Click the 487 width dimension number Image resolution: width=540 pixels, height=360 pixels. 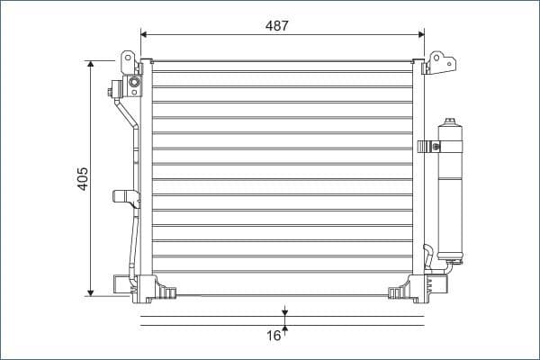(277, 26)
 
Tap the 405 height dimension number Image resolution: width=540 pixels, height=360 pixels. (82, 177)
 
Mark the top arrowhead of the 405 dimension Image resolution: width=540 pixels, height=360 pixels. (91, 65)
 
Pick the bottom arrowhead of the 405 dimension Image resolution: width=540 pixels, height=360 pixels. (91, 291)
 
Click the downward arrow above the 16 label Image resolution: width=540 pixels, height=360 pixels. (285, 312)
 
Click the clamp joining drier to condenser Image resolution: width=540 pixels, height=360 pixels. (426, 145)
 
